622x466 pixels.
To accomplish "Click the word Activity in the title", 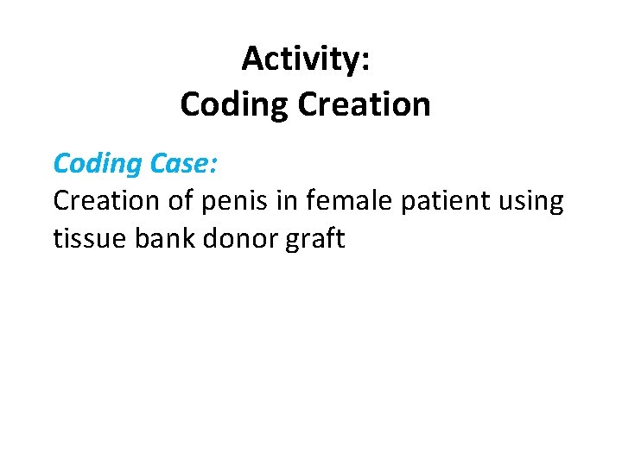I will coord(301,60).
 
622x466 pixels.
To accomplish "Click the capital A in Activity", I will coord(252,59).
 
